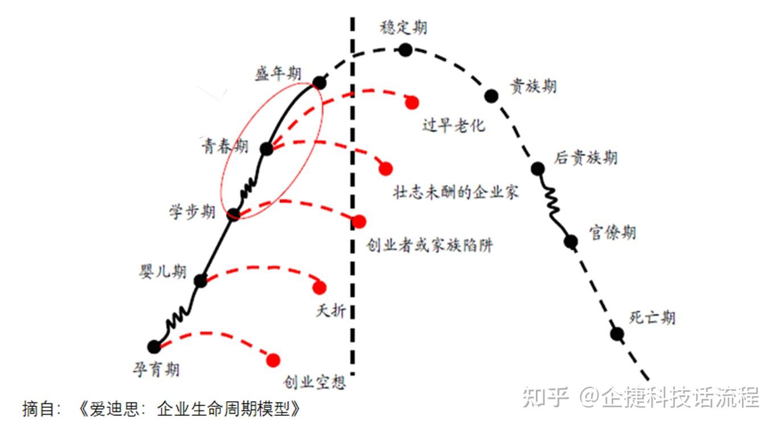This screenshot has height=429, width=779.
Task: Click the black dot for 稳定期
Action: point(405,50)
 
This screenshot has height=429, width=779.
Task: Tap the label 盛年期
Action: point(278,73)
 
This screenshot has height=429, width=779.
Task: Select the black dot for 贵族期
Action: point(491,95)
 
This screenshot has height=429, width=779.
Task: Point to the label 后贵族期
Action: point(585,157)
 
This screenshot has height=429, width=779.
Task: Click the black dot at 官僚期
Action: point(571,242)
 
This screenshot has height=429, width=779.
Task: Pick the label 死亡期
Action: point(652,317)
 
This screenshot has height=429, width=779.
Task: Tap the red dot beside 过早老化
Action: point(412,102)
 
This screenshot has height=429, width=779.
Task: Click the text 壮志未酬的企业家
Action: point(456,192)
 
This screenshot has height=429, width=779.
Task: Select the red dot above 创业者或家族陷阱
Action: point(359,222)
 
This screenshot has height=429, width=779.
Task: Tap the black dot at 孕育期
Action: point(154,346)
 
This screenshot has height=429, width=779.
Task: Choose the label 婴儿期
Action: point(163,272)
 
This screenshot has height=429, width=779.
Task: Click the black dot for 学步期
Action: point(233,215)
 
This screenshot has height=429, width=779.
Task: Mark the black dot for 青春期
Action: point(266,149)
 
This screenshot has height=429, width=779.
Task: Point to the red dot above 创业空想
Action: point(273,360)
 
